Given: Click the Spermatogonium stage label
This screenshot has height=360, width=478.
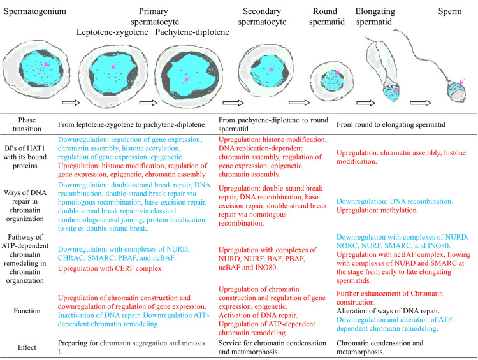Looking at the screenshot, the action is pos(35,11).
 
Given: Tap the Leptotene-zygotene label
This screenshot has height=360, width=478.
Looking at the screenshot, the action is pos(112,32).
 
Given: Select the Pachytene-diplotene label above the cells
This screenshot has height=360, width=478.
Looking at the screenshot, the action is pos(192,32).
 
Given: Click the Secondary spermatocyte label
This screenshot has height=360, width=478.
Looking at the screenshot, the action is pos(262,17).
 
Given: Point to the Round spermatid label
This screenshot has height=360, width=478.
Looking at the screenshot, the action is pos(326,17).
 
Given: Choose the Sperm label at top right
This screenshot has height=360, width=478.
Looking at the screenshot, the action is pos(450,11).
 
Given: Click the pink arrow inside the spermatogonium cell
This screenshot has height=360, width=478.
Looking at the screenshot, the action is pos(47,64).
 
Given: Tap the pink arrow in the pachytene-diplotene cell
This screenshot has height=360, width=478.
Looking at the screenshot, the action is pos(187,79).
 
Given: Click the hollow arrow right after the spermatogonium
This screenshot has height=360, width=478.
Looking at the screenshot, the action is pos(71,103).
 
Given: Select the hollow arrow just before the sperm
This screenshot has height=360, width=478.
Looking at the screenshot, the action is pos(421,103).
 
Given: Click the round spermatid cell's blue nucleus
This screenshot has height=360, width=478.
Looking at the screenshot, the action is pos(332,81).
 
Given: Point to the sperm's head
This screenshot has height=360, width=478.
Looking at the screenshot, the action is pos(456,92).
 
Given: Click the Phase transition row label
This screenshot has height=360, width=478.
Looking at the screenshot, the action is pos(27,124).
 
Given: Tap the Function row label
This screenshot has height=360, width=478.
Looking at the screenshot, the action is pos(27,311).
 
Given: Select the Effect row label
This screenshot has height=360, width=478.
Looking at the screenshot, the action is pos(27,347).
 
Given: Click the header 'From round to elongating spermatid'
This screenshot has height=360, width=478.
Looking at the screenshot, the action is pos(391,124).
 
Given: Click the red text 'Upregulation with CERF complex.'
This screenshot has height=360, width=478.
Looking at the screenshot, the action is pos(111,268).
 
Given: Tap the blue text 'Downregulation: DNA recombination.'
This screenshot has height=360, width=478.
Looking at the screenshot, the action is pos(395,201).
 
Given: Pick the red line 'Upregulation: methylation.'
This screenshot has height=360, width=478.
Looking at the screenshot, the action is pos(377,210).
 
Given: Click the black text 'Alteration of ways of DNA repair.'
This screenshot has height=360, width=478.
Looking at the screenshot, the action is pos(387,311).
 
